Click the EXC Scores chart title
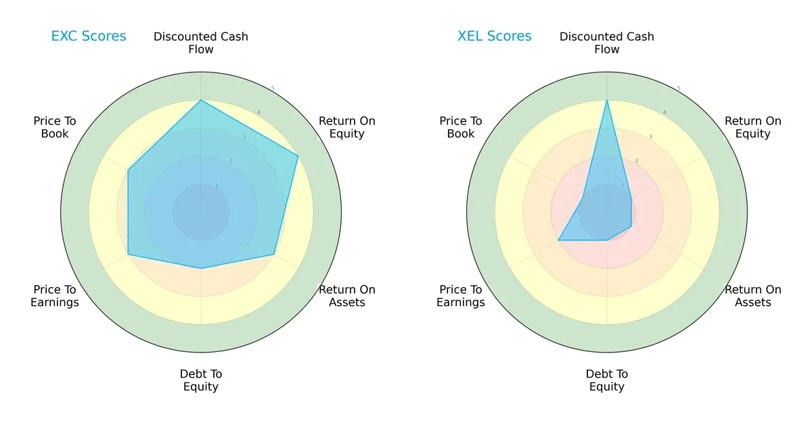(x=89, y=37)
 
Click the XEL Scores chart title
(x=495, y=37)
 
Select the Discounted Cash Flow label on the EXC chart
(x=201, y=43)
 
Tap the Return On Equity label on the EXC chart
(x=347, y=127)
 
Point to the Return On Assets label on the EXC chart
(x=347, y=296)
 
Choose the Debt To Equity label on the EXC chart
(x=201, y=380)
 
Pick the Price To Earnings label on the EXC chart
(x=55, y=296)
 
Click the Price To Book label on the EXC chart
(x=55, y=127)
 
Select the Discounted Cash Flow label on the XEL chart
(x=607, y=43)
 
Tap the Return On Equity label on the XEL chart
(x=753, y=127)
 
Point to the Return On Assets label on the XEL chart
(x=753, y=296)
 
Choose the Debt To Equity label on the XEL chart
(x=607, y=380)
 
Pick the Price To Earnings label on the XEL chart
(x=461, y=296)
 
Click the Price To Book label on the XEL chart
(x=461, y=127)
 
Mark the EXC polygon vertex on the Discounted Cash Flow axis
(x=201, y=101)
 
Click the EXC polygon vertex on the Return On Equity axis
(x=298, y=156)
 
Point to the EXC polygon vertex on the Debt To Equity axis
(x=201, y=269)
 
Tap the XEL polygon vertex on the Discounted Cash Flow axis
(x=607, y=101)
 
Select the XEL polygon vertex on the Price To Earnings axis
(x=558, y=240)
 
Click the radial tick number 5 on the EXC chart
(x=273, y=89)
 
